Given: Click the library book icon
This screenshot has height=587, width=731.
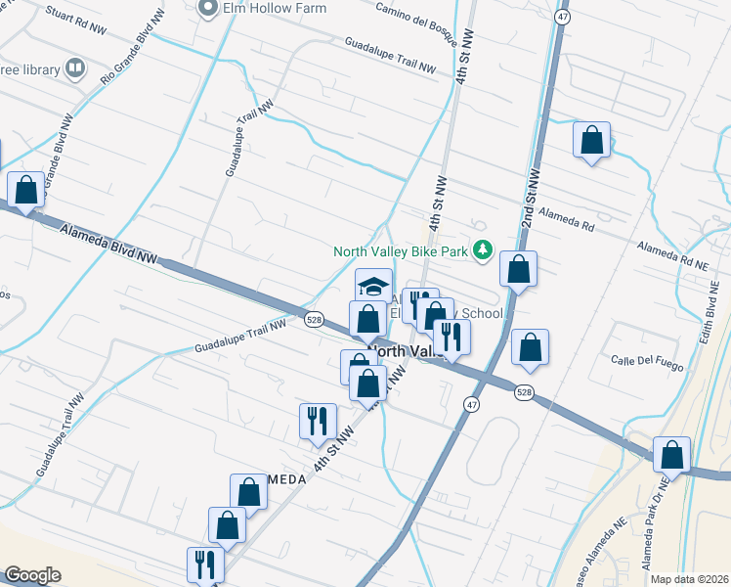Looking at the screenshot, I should [75, 68].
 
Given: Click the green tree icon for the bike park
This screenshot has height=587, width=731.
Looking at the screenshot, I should [482, 251].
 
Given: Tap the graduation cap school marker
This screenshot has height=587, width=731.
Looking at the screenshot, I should [373, 286].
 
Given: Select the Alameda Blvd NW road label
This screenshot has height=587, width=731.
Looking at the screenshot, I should [108, 245].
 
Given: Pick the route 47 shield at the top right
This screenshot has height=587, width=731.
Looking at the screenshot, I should [563, 17].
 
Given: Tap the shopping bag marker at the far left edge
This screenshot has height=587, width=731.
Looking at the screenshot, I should [26, 190].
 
